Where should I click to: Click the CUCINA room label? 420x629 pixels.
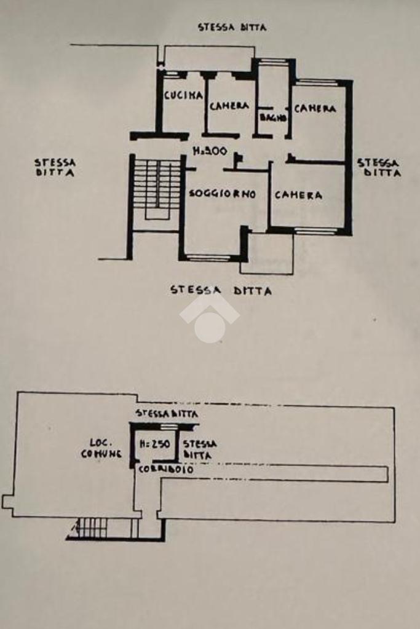(x=183, y=95)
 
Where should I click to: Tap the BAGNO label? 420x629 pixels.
(x=271, y=117)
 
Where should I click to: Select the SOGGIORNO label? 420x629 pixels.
(x=222, y=194)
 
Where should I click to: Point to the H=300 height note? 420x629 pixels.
(x=210, y=151)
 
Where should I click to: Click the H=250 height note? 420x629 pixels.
(x=155, y=443)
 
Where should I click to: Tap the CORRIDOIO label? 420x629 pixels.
(x=165, y=469)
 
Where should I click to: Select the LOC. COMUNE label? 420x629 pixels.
(x=101, y=448)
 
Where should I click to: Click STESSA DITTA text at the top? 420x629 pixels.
(x=232, y=28)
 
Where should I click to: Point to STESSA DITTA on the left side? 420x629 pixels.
(x=55, y=167)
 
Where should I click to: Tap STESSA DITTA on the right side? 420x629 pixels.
(x=379, y=167)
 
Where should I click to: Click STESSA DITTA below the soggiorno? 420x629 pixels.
(x=221, y=290)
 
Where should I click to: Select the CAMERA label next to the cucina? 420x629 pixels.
(x=229, y=106)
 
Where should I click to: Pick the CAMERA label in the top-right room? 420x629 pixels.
(x=315, y=109)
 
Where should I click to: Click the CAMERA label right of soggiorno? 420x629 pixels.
(x=298, y=196)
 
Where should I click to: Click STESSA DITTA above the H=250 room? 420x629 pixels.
(x=167, y=414)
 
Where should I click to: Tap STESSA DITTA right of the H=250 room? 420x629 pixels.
(x=199, y=449)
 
